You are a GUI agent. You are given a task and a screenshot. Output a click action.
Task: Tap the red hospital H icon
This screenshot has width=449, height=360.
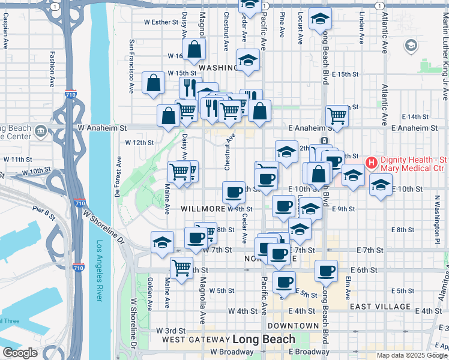click(372, 162)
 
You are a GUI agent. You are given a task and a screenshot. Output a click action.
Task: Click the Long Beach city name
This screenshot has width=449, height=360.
click(264, 338)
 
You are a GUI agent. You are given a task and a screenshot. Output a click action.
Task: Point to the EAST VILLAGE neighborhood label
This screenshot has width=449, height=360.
click(381, 307)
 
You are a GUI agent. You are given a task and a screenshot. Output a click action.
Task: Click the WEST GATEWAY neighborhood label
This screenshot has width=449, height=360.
click(195, 339)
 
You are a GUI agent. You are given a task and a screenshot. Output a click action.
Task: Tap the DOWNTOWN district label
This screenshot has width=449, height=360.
click(294, 326)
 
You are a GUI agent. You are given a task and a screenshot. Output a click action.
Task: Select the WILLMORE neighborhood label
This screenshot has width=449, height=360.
click(202, 209)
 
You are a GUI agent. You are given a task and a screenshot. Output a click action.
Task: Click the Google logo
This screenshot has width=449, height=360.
click(20, 353)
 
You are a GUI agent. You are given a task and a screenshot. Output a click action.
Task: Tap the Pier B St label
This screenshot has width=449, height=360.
click(44, 211)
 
